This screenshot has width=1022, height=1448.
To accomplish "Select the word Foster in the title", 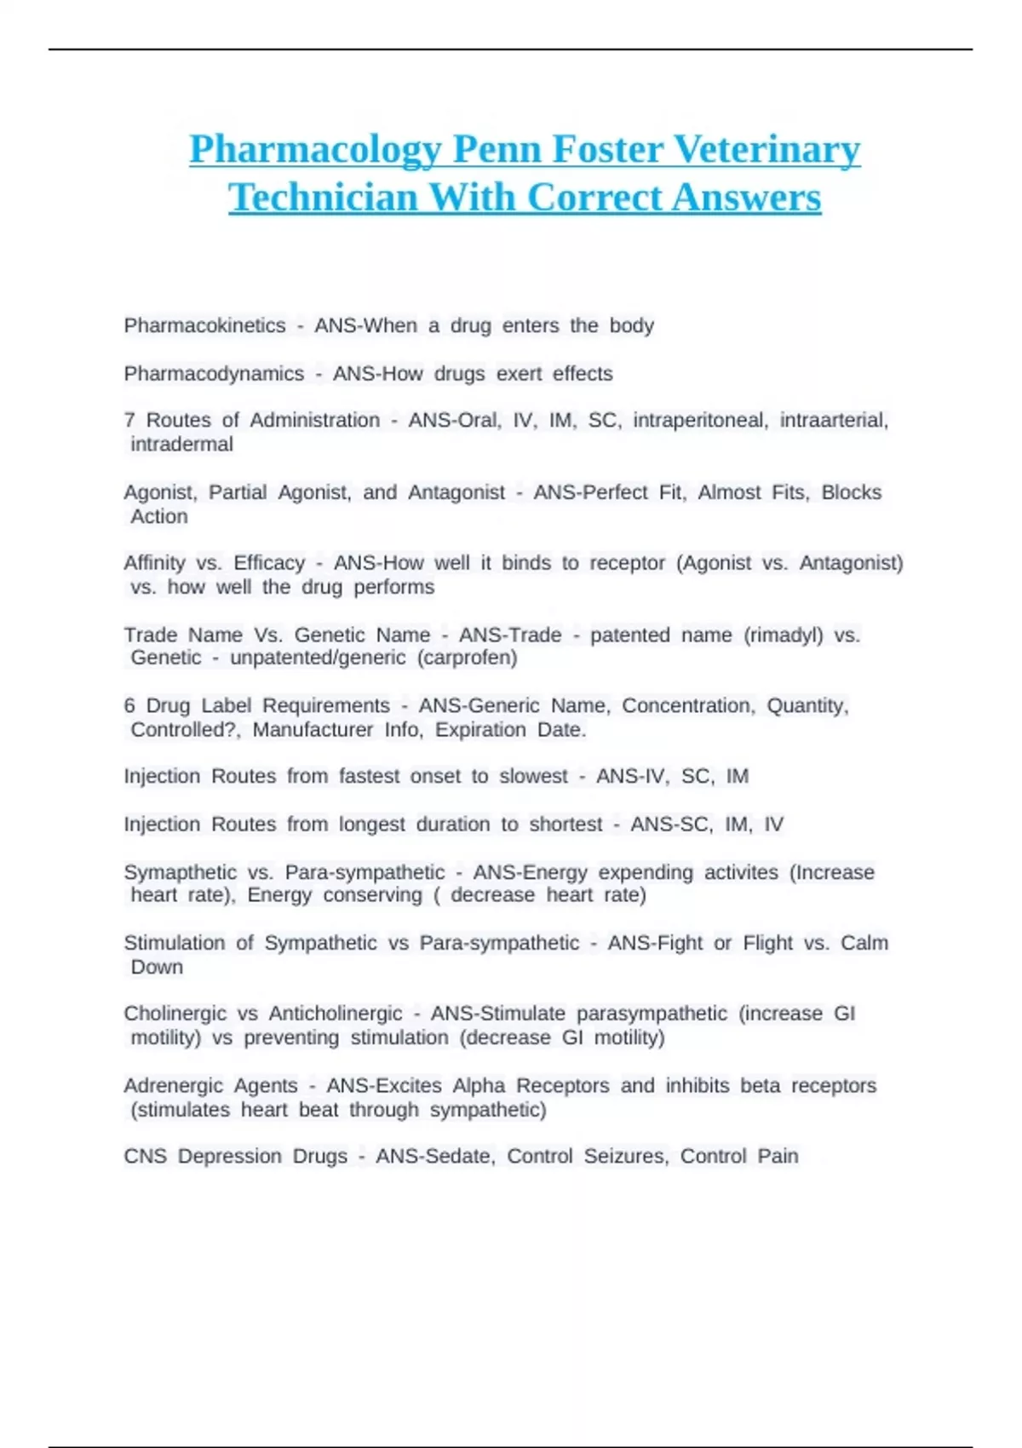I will [x=607, y=150].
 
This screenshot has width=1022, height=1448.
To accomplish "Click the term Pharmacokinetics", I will [x=204, y=325].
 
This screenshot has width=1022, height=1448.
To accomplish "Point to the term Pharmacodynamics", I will [x=214, y=374].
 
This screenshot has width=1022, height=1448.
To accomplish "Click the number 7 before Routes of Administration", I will [x=129, y=420].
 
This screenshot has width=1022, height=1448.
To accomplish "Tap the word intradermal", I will [x=181, y=444].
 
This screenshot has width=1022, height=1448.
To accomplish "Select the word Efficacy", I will [x=269, y=563].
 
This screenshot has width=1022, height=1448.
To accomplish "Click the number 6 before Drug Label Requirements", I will [x=129, y=705].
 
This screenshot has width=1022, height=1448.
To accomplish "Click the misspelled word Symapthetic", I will [x=180, y=872].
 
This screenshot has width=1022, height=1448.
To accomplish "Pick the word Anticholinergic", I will [x=336, y=1014].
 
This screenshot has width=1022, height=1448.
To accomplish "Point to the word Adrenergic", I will [x=167, y=1085].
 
